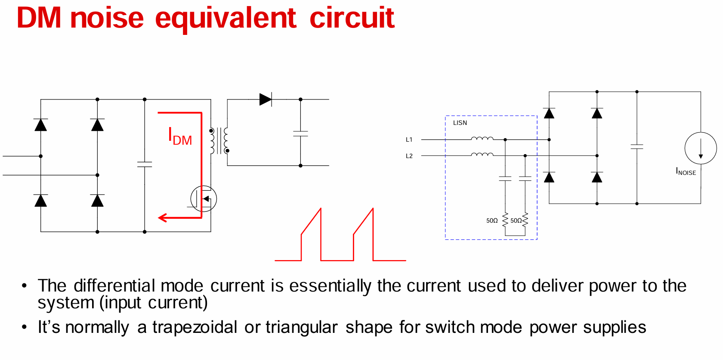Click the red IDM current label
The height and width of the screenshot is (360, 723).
coord(179,137)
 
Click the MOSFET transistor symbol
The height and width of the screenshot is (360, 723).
coord(204,199)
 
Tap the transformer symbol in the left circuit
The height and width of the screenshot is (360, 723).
coord(219,140)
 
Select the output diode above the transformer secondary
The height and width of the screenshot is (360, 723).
coord(265,99)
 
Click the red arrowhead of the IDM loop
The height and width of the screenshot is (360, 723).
coord(163,217)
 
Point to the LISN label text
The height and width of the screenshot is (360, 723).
coord(460,123)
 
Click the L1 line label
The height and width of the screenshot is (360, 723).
coord(409,140)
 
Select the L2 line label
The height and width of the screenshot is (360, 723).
coord(409,156)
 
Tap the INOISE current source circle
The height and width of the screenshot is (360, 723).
coord(701,148)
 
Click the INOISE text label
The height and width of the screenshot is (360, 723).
coord(686,172)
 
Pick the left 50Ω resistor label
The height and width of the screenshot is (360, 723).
coord(492,220)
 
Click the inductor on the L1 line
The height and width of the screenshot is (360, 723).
coord(482,139)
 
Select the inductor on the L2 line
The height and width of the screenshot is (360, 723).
coord(482,155)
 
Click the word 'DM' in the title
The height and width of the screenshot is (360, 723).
coord(39,18)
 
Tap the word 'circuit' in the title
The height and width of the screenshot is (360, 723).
coord(352,18)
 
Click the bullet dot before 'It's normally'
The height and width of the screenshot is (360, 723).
coord(24,327)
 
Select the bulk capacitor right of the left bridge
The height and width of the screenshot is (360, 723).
coord(145,164)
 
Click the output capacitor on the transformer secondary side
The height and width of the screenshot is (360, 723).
coord(300,133)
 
